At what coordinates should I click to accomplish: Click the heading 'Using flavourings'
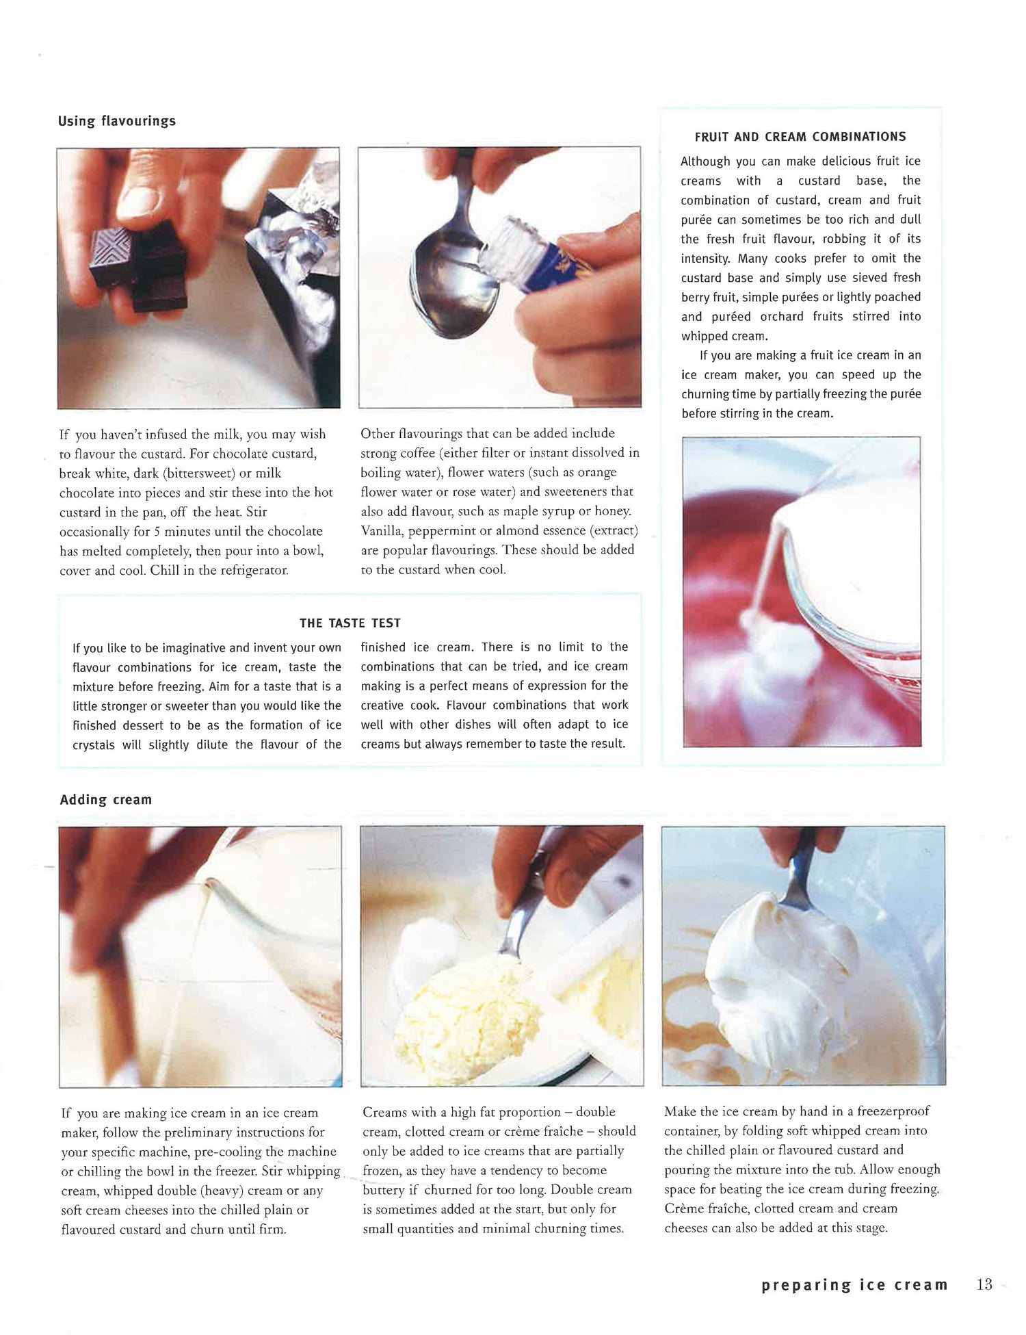(117, 121)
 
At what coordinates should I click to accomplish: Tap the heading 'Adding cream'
(106, 799)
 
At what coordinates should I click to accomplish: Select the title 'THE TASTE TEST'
(350, 623)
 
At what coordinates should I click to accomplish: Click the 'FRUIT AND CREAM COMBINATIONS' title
(800, 136)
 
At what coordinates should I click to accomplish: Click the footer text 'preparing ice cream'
(854, 1285)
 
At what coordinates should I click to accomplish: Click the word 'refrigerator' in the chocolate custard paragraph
(244, 570)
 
